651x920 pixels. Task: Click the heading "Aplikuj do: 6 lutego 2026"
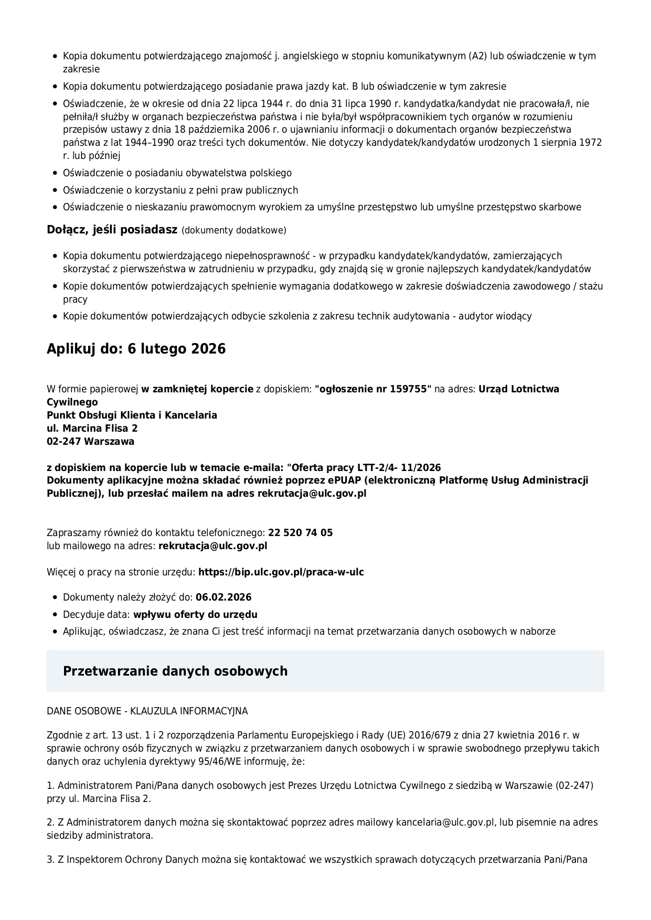[136, 349]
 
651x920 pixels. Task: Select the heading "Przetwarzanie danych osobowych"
[175, 671]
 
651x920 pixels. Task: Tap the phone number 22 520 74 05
[300, 533]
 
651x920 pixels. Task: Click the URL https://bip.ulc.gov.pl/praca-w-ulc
[281, 572]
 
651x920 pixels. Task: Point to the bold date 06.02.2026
[223, 597]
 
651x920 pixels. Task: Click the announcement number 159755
[409, 389]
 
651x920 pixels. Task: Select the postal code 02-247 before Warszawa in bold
[64, 441]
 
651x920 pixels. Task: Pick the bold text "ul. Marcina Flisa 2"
[92, 428]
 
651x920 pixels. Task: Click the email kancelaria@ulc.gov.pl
[445, 822]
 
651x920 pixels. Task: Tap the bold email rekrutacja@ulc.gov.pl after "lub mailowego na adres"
[212, 545]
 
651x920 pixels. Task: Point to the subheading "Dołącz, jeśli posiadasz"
[112, 230]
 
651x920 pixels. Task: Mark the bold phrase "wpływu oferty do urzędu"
[195, 614]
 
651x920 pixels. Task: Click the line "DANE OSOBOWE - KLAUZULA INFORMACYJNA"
[147, 711]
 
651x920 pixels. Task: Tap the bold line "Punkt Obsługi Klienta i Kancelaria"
[132, 415]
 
